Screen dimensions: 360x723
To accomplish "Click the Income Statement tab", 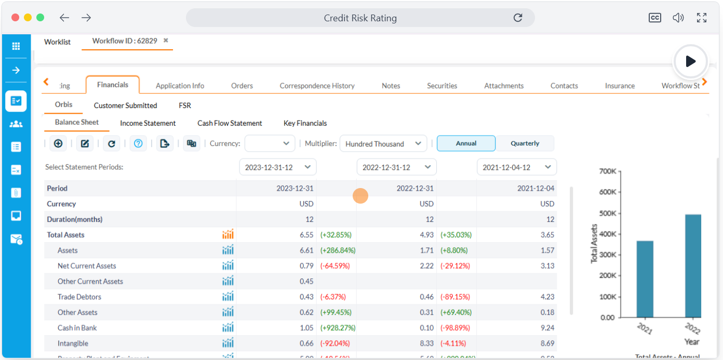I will click(148, 123).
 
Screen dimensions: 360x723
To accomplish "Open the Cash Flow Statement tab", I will click(230, 123).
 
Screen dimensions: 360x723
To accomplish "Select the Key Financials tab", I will click(305, 123).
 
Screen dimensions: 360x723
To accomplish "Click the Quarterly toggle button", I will click(525, 143).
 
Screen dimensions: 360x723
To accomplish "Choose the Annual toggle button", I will click(466, 143).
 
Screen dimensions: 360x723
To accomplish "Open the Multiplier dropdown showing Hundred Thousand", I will click(383, 144).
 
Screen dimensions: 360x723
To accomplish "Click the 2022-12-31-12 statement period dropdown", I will click(396, 167).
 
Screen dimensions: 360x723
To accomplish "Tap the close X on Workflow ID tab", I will click(166, 41).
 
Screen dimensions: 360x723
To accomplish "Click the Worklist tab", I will click(57, 42).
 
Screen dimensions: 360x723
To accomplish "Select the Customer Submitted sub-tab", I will click(125, 105).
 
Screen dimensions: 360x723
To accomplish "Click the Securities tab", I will click(442, 86).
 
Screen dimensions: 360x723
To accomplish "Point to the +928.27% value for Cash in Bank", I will click(338, 328).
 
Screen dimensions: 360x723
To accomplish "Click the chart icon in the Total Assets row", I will click(227, 235).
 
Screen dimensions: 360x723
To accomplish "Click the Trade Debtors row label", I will click(79, 297).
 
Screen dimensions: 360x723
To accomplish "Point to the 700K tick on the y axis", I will click(607, 171).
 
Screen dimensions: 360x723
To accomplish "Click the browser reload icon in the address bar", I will click(517, 18).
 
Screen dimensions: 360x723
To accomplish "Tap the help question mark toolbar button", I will click(138, 143).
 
